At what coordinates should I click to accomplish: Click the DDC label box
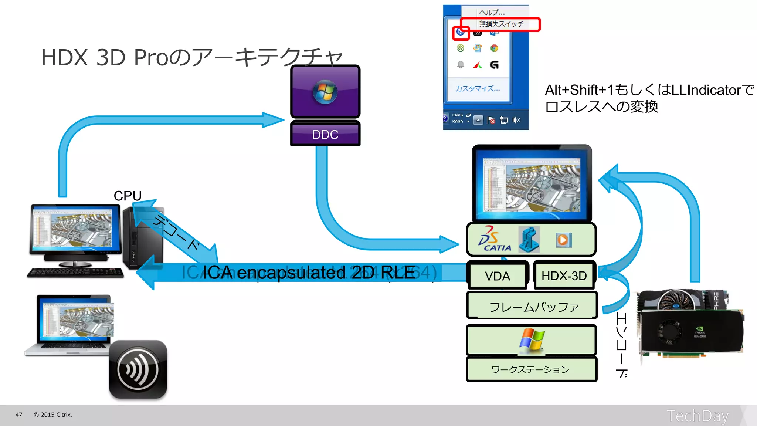(325, 134)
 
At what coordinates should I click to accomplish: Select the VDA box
(498, 276)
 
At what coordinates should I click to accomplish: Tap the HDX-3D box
(564, 276)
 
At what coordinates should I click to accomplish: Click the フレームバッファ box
(532, 307)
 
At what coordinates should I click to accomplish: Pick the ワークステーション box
(531, 369)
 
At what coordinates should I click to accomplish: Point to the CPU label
(128, 196)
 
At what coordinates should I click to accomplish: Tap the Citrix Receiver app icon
(138, 369)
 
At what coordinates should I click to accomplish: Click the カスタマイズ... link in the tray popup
(478, 89)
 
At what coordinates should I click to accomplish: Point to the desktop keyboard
(75, 273)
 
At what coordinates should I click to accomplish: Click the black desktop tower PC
(142, 240)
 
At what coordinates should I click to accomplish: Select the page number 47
(19, 415)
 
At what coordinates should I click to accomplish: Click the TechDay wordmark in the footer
(697, 416)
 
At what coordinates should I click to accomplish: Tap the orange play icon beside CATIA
(563, 240)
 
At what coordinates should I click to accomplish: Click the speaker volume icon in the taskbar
(516, 120)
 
